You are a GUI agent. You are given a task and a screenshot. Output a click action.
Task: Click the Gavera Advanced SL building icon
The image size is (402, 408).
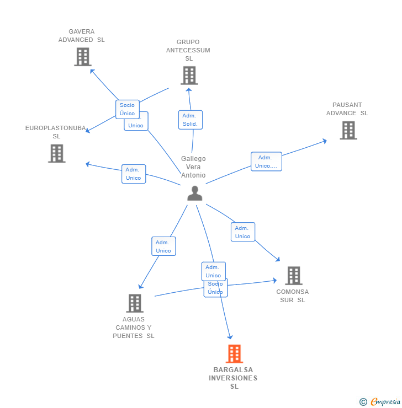82,57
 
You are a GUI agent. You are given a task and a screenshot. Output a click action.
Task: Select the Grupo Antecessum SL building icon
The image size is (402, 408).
189,76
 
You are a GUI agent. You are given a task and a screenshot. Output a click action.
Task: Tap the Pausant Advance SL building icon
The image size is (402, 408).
348,130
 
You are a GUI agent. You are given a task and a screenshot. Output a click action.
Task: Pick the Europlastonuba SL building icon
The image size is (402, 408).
56,153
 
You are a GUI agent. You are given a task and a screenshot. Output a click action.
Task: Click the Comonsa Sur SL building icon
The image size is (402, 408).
293,276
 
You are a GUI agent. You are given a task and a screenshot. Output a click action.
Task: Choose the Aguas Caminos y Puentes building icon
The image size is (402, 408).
135,303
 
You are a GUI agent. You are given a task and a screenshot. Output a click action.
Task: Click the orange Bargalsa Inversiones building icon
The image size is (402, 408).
234,354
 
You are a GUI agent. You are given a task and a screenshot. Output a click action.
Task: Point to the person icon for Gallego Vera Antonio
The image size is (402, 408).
194,193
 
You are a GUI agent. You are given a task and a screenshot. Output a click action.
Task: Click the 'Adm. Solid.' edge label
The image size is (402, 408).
190,120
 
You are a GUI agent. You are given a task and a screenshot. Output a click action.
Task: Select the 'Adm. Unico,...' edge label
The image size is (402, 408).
266,162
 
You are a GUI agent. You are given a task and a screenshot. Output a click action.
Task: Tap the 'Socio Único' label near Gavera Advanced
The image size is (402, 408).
127,109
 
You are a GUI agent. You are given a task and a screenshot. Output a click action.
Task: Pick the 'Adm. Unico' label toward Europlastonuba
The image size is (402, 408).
133,174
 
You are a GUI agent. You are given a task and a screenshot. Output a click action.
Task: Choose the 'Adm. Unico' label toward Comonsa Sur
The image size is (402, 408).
242,232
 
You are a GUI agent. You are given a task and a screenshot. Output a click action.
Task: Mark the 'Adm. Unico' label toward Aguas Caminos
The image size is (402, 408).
163,246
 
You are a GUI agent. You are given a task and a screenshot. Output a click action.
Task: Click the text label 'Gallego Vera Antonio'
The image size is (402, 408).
193,167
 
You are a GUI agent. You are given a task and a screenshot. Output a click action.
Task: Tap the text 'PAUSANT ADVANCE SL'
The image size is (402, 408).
347,109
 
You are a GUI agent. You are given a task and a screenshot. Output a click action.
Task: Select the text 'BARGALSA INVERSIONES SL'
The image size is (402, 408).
233,378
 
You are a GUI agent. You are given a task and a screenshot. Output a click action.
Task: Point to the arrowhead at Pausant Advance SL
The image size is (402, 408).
325,141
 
